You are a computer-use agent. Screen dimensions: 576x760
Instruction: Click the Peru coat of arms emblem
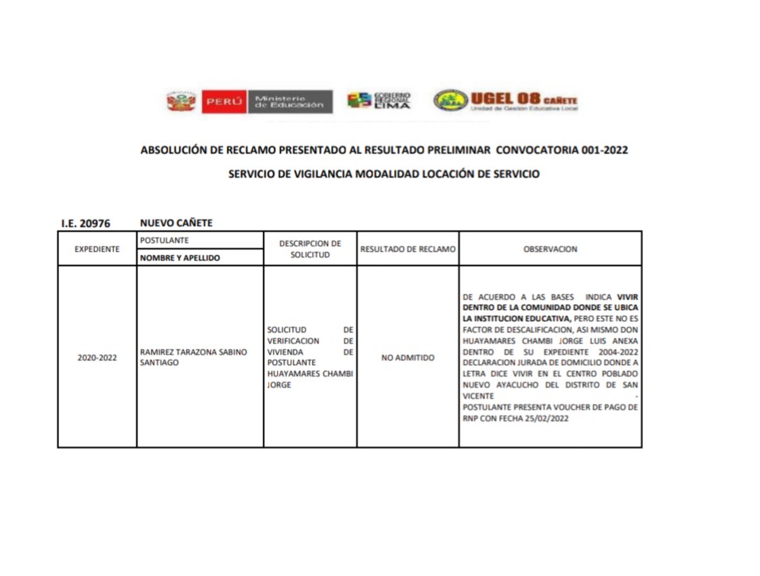pos(181,101)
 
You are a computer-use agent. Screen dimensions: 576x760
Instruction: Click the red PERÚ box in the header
pos(224,101)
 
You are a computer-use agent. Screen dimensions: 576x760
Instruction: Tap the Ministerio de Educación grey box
pos(290,101)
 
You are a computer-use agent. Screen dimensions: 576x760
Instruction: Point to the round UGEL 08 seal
pos(450,100)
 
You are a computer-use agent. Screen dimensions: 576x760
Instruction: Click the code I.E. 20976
pos(85,223)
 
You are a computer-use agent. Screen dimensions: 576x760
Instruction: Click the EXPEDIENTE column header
pos(97,249)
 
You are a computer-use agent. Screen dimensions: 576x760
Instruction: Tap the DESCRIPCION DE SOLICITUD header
pos(310,249)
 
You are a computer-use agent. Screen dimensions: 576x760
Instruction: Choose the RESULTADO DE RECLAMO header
pos(407,249)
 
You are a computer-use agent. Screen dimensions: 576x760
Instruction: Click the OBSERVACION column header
pos(550,249)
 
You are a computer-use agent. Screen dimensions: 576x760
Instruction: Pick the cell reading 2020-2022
pos(97,358)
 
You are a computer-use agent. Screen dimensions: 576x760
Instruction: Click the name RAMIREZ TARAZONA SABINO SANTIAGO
pos(193,357)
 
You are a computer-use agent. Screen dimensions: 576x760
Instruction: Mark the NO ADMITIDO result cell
pos(407,358)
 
